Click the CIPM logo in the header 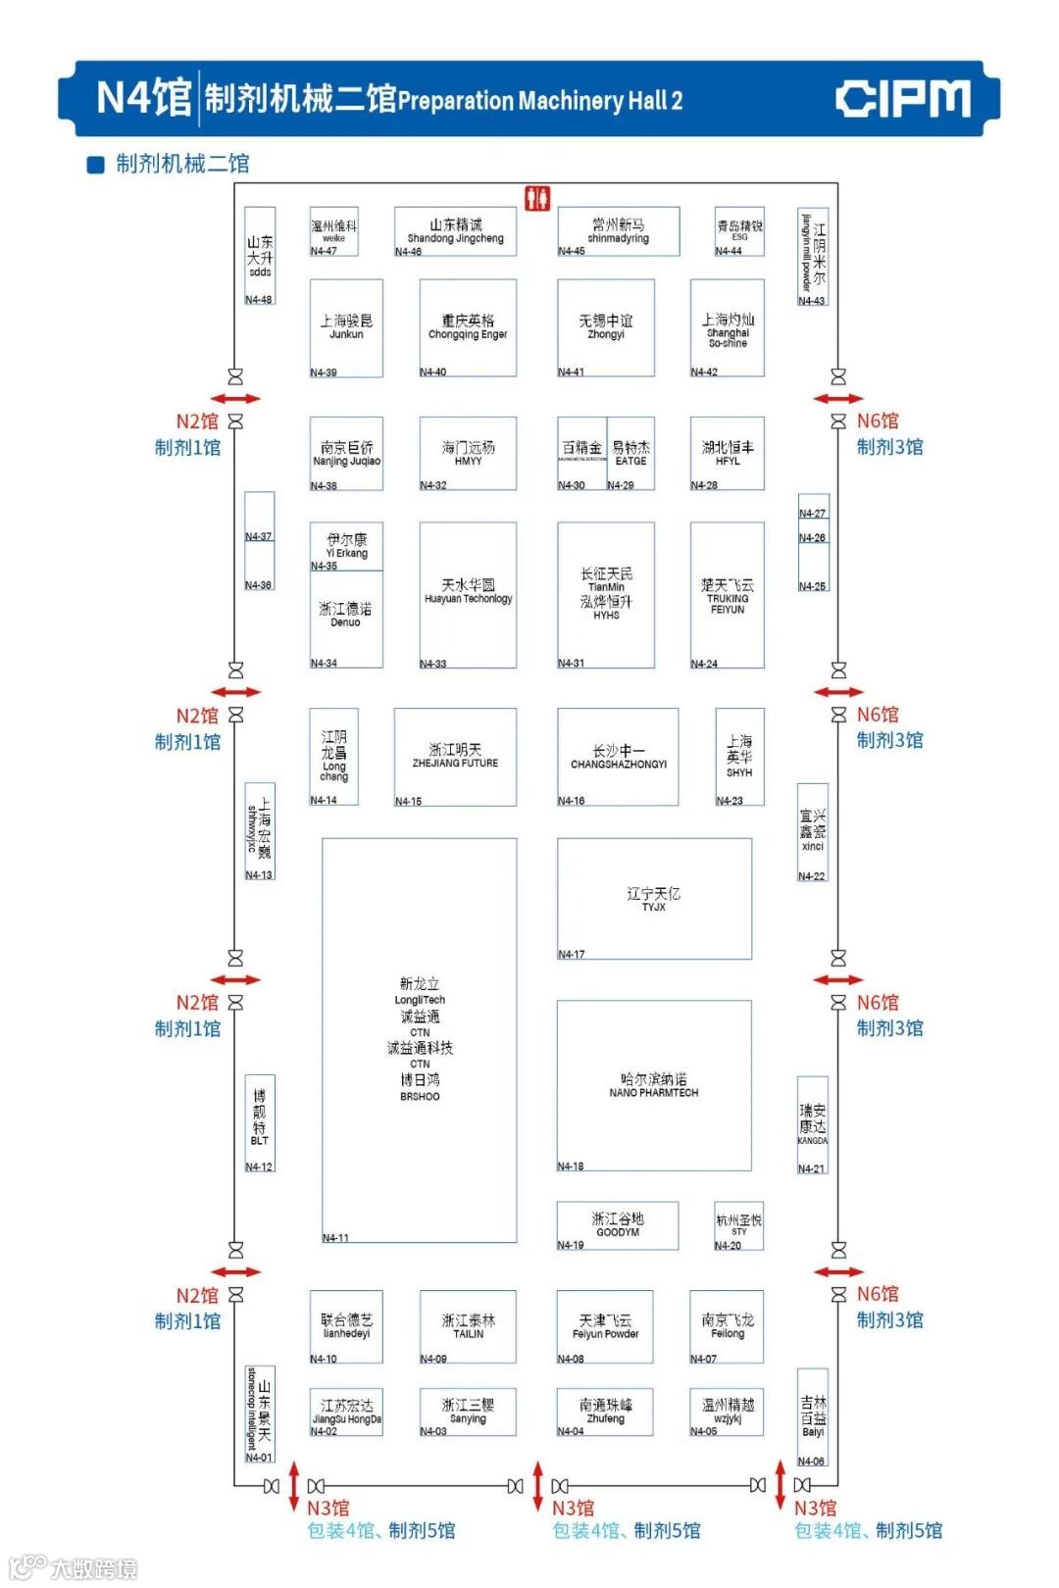902,99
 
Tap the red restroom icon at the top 536,199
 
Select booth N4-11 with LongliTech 420,1039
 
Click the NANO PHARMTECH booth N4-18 654,1085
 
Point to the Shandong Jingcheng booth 456,231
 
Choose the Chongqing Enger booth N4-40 468,327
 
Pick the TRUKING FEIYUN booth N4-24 727,595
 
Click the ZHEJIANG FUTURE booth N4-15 455,756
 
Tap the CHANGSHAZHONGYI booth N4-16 618,756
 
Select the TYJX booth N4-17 654,898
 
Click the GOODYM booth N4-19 618,1224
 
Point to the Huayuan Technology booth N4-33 468,594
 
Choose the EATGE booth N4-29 630,453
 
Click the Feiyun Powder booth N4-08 605,1326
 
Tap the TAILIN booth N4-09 468,1326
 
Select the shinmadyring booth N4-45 618,231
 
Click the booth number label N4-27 812,513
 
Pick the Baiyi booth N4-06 813,1417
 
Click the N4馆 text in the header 143,99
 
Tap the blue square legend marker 96,165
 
